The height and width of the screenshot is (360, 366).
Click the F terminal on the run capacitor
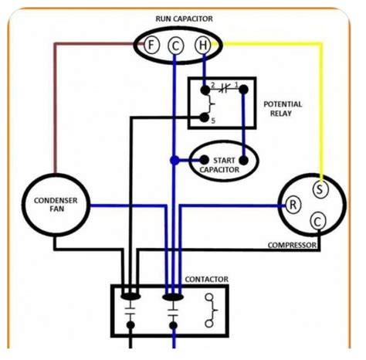pos(152,45)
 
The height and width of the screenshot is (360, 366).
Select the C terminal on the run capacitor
pos(176,46)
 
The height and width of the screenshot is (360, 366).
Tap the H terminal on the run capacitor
pos(202,46)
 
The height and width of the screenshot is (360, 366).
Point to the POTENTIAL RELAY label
pos(283,109)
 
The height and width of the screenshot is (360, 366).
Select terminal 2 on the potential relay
pos(205,87)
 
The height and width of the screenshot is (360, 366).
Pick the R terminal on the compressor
pos(293,205)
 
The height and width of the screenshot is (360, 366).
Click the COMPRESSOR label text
pos(293,246)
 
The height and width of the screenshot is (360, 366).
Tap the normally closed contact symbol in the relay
pos(223,88)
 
